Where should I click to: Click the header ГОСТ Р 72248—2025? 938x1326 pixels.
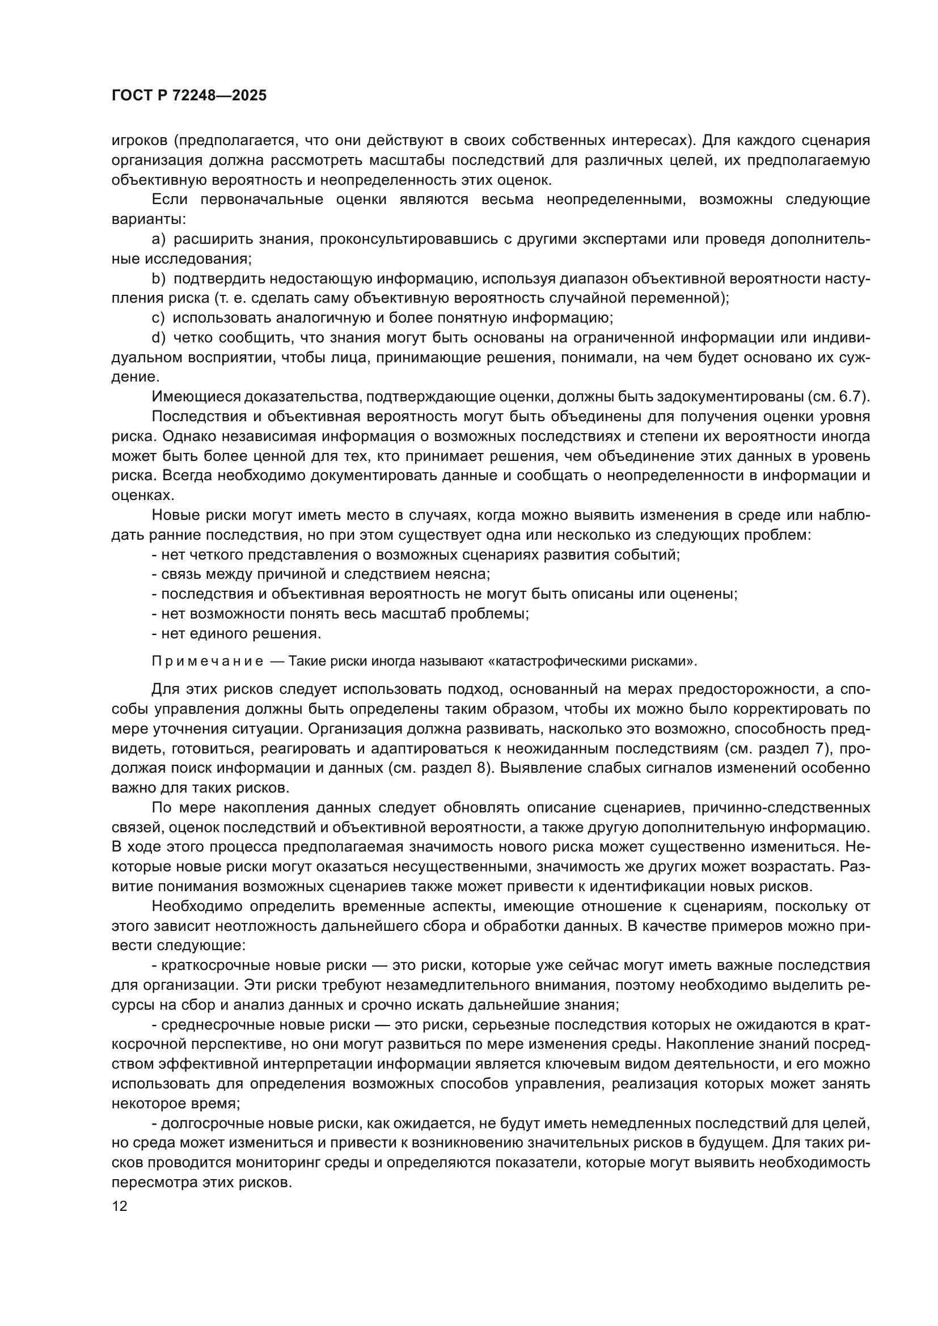click(189, 96)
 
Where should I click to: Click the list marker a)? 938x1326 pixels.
click(158, 239)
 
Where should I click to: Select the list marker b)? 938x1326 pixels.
click(158, 279)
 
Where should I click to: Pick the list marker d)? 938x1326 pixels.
click(158, 338)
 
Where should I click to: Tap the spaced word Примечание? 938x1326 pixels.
click(208, 661)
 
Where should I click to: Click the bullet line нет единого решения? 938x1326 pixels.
click(237, 634)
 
